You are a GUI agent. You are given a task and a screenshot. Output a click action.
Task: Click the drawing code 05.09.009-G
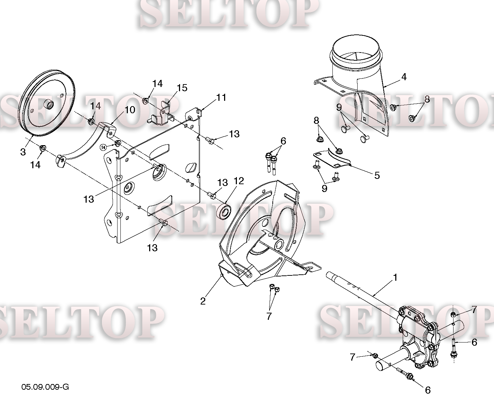click(45, 387)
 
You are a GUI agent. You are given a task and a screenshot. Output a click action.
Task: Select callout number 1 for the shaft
click(395, 278)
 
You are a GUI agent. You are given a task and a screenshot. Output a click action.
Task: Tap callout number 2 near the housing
click(203, 301)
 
